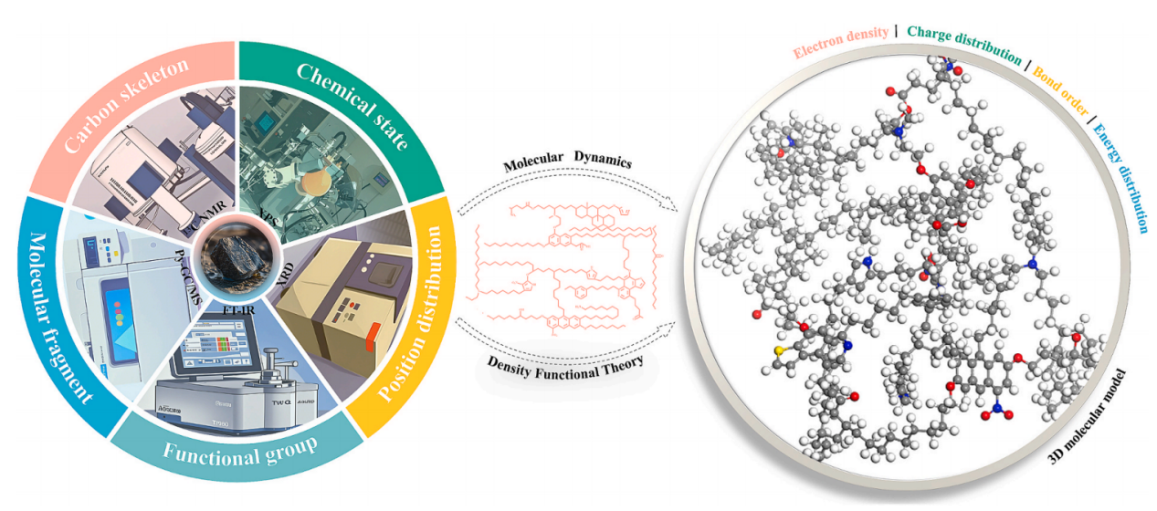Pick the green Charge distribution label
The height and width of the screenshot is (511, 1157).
[965, 43]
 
